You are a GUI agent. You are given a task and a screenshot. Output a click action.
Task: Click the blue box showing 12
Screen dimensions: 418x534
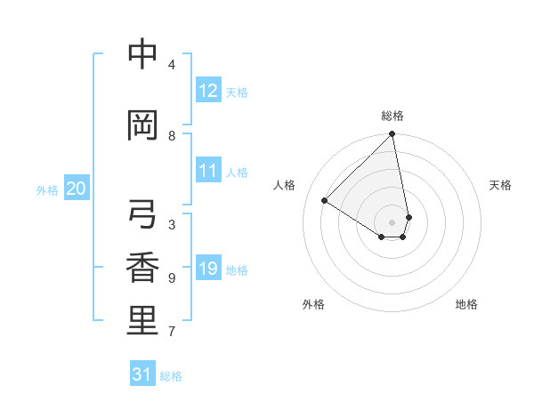coord(207,91)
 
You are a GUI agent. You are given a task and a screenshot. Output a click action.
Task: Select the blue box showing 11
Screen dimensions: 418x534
coord(207,171)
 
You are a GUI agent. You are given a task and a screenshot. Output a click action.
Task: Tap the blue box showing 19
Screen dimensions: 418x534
coord(207,269)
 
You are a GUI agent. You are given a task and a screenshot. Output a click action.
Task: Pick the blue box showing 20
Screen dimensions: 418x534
coord(77,189)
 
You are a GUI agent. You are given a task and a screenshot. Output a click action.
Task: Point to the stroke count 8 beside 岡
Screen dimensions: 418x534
coord(172,136)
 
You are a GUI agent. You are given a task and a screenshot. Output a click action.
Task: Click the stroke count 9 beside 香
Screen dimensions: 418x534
coord(172,278)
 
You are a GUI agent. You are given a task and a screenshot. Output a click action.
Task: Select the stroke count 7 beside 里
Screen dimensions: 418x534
coord(172,332)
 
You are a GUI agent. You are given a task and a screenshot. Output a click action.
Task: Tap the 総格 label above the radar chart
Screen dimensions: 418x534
coord(392,116)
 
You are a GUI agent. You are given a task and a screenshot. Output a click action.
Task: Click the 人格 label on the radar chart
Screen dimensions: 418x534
coord(285,185)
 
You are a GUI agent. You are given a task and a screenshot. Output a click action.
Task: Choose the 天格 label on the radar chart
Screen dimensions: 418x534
coord(501,185)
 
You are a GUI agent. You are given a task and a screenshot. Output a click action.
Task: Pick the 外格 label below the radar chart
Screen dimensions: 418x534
coord(313,304)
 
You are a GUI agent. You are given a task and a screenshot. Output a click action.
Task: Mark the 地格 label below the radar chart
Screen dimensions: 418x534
coord(466,304)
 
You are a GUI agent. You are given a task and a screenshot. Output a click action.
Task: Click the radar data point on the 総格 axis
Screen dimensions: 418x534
coord(392,135)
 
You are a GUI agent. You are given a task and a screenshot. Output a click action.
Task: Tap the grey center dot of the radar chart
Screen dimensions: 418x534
coord(392,221)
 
